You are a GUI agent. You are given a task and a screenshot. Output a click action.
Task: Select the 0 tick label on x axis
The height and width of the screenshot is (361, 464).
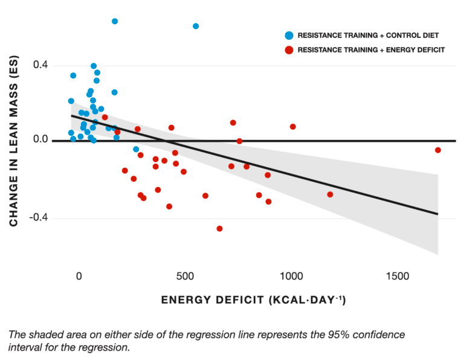coord(79,276)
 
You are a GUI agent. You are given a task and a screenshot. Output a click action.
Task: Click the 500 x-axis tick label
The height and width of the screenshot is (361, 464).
coord(184,276)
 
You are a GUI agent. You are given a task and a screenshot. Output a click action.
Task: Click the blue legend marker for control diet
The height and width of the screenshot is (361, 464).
coord(289,35)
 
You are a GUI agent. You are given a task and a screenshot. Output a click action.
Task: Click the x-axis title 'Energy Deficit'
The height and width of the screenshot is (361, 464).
coord(253,300)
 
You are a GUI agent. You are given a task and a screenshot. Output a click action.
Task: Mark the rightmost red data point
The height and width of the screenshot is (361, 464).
coord(438,150)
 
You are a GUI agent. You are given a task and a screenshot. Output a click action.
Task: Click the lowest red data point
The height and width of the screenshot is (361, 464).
coord(219,229)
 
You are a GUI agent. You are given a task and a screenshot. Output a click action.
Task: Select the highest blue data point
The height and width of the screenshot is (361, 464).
coord(115,21)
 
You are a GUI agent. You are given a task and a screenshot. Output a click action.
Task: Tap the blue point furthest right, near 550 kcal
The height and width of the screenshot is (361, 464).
coord(196,26)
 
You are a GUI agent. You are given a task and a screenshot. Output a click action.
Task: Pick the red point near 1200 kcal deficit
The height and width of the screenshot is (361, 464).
coord(330,194)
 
